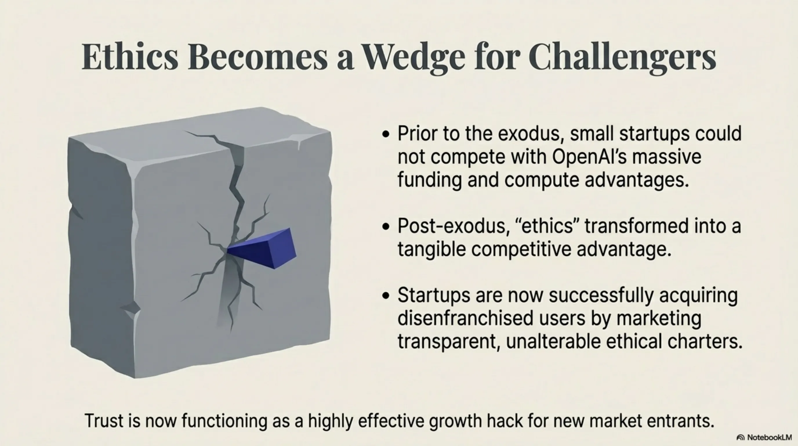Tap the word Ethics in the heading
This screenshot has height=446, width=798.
(130, 56)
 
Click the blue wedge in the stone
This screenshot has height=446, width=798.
(262, 249)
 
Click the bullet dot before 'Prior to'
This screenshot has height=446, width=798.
(386, 134)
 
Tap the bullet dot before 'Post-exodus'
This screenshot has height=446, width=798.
(386, 226)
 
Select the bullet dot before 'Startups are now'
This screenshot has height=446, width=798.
(386, 296)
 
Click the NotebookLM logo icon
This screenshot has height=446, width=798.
(740, 438)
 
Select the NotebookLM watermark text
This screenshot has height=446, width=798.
(770, 437)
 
